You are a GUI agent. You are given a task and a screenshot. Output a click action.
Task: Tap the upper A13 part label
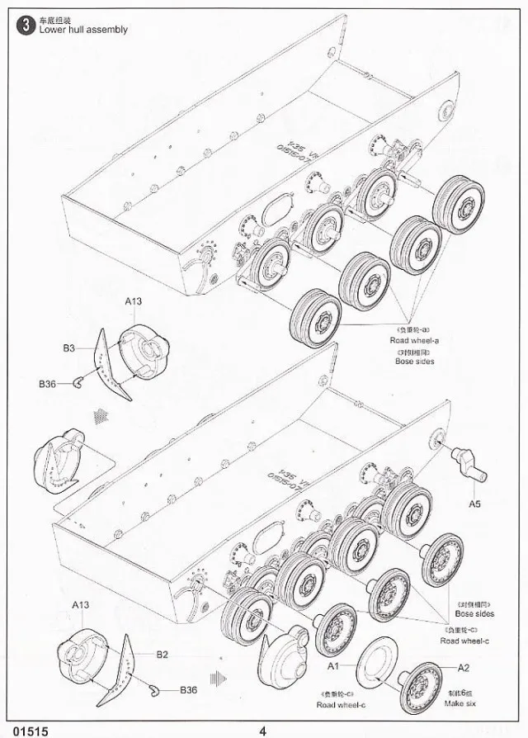tap(134, 301)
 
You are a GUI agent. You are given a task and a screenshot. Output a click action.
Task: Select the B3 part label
tap(69, 348)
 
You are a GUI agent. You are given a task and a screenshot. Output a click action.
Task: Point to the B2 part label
tap(163, 654)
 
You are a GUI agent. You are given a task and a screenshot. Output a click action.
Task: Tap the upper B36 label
tap(47, 384)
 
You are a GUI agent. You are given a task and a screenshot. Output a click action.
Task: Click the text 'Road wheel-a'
tap(414, 339)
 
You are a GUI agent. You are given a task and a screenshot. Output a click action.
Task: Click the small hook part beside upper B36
tap(77, 381)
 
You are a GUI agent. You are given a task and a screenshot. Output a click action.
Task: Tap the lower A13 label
tap(80, 604)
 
